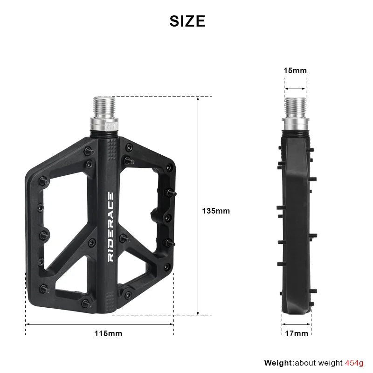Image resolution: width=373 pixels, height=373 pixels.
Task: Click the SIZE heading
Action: [187, 21]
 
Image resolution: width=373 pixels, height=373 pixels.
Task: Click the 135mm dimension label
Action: [215, 211]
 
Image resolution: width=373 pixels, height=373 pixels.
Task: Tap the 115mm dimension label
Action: [108, 333]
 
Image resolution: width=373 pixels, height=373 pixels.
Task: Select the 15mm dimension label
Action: [295, 71]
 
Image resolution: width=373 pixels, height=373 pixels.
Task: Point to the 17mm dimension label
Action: [296, 333]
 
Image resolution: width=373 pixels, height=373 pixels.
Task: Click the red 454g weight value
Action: [354, 363]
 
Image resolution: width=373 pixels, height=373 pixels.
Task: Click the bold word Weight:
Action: [279, 363]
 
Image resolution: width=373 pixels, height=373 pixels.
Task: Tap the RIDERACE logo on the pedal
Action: [111, 227]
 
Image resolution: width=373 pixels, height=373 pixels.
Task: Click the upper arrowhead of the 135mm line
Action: [198, 99]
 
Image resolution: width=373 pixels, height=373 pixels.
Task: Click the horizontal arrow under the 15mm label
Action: [295, 88]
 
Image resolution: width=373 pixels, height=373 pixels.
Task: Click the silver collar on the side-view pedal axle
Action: [295, 124]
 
